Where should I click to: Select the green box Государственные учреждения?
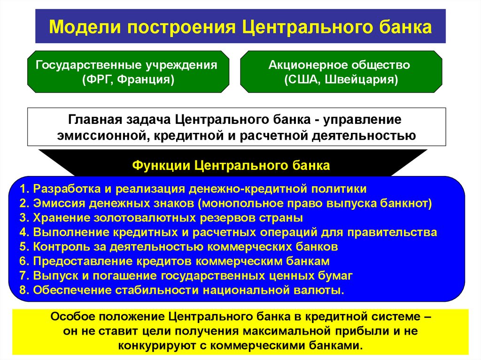click(127, 71)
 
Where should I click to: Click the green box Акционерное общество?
click(341, 71)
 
